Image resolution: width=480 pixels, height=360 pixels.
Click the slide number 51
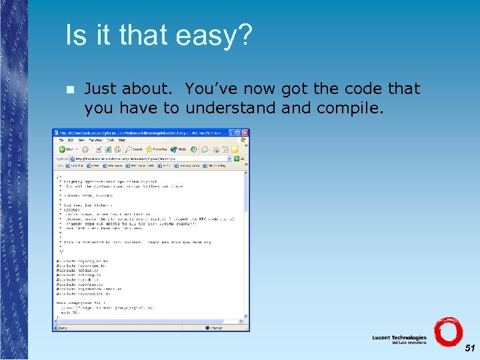[x=470, y=348]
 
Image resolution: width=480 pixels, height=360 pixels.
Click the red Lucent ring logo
[x=447, y=332]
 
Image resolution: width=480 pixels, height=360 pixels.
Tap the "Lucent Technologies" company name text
[x=399, y=338]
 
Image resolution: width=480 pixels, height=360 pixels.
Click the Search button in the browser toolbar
[x=133, y=149]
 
